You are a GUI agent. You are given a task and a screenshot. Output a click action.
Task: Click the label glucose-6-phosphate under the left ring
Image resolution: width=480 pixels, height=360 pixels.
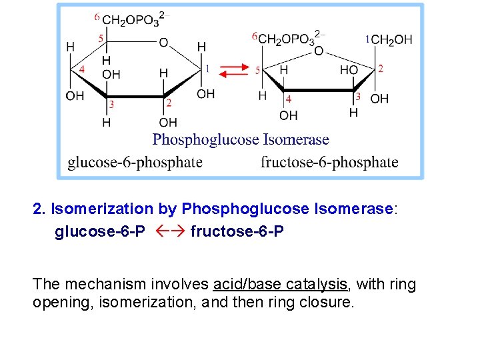(x=135, y=162)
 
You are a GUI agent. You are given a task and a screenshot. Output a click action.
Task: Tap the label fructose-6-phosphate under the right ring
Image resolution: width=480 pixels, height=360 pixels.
(x=329, y=162)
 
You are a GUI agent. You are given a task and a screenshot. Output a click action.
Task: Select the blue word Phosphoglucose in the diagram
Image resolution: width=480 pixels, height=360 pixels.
(x=205, y=140)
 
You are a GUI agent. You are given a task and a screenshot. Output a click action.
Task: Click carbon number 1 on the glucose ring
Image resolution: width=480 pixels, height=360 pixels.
(x=207, y=68)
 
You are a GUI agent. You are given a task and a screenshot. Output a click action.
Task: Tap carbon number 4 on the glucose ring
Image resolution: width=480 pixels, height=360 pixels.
(x=81, y=69)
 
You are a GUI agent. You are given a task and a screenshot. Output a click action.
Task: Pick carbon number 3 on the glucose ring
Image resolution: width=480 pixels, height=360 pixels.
(x=111, y=104)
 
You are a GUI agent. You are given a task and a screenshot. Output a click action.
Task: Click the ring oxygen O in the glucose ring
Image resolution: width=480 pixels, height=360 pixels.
(x=163, y=43)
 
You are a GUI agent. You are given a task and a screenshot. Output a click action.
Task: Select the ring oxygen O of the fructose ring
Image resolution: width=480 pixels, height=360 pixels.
(x=319, y=51)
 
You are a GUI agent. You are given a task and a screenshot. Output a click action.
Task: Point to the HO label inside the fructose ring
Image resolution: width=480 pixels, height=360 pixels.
(x=349, y=70)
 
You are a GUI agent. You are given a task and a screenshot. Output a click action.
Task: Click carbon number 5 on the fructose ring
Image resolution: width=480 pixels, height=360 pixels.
(x=258, y=69)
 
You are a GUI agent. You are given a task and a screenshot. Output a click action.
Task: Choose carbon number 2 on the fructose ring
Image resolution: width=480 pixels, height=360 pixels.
(x=381, y=68)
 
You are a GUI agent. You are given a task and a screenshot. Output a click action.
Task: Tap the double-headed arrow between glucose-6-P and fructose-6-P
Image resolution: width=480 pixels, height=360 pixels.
(x=167, y=233)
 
